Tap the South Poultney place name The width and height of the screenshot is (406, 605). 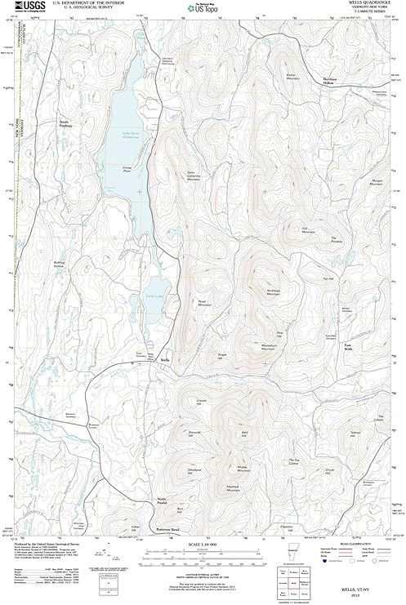click(x=65, y=123)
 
